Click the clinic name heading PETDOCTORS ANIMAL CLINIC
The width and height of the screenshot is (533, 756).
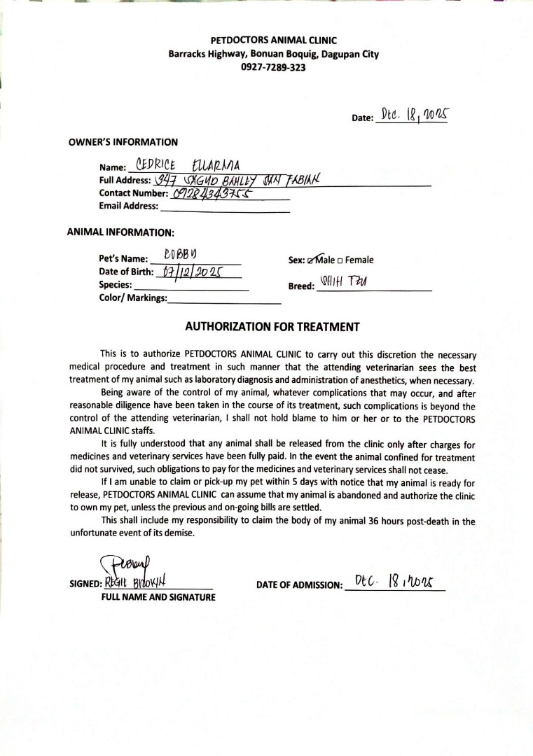tap(274, 41)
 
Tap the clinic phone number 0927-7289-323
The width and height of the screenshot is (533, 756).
tap(274, 67)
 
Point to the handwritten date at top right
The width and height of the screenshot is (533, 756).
tap(413, 114)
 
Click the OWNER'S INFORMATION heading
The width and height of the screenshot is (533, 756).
tap(123, 141)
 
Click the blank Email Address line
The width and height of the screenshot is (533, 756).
tap(225, 207)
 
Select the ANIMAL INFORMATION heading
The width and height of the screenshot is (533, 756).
tap(120, 232)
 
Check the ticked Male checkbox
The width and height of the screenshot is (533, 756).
tap(312, 260)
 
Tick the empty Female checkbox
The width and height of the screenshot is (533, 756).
tap(340, 260)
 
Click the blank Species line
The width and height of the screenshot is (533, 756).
tap(191, 286)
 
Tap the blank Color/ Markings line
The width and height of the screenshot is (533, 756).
tap(224, 300)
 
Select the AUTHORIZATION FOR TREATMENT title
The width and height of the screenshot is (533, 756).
tap(272, 326)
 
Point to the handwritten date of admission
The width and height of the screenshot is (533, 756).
tap(396, 581)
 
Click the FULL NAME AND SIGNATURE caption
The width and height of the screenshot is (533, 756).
tap(158, 597)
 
